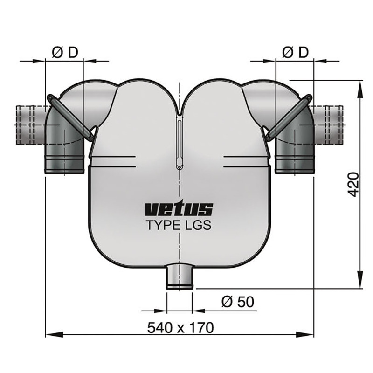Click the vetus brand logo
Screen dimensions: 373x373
point(179,209)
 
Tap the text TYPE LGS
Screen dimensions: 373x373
point(179,226)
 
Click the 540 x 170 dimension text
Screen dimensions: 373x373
point(180,327)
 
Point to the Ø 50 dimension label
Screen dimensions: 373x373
point(238,302)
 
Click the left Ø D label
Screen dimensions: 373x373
point(64,53)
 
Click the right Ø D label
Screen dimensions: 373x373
point(295,53)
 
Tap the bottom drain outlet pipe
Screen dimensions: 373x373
point(180,277)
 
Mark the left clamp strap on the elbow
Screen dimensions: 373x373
point(70,117)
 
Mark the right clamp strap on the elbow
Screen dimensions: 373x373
point(289,117)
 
